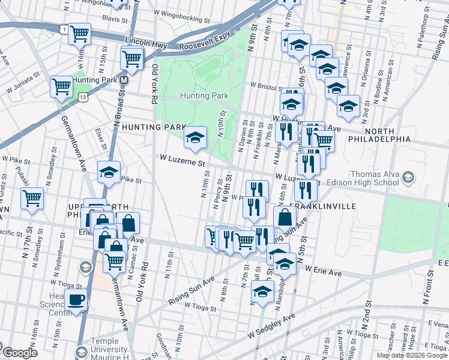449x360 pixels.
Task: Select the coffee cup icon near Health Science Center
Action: coord(76,299)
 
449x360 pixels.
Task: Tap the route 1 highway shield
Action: coord(64,28)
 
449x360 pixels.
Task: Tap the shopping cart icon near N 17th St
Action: coord(32,197)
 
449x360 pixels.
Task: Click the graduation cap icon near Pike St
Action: coord(109,172)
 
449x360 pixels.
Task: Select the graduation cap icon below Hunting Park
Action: coord(194,137)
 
